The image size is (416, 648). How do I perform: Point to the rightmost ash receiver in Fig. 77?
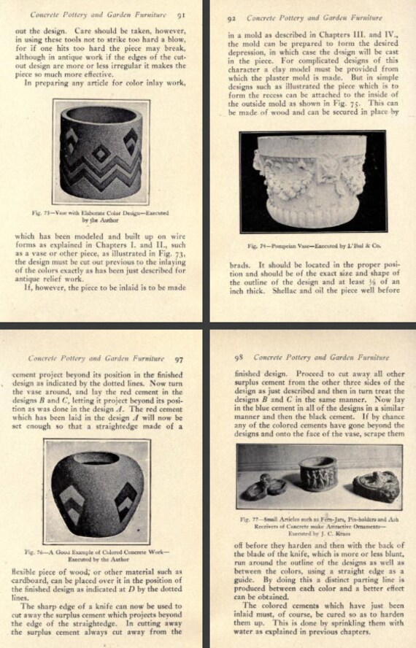(x=375, y=487)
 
